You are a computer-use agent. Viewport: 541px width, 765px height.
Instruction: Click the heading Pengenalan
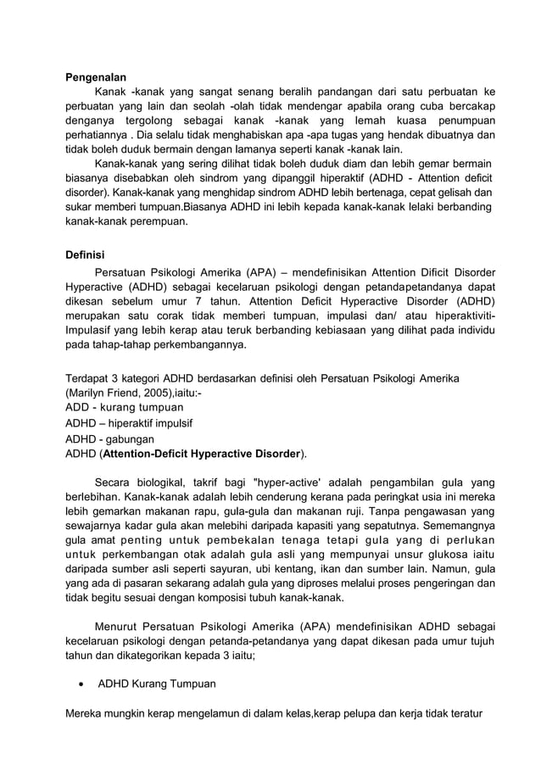(x=96, y=77)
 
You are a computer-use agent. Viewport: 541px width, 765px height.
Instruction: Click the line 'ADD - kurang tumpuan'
(x=125, y=408)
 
